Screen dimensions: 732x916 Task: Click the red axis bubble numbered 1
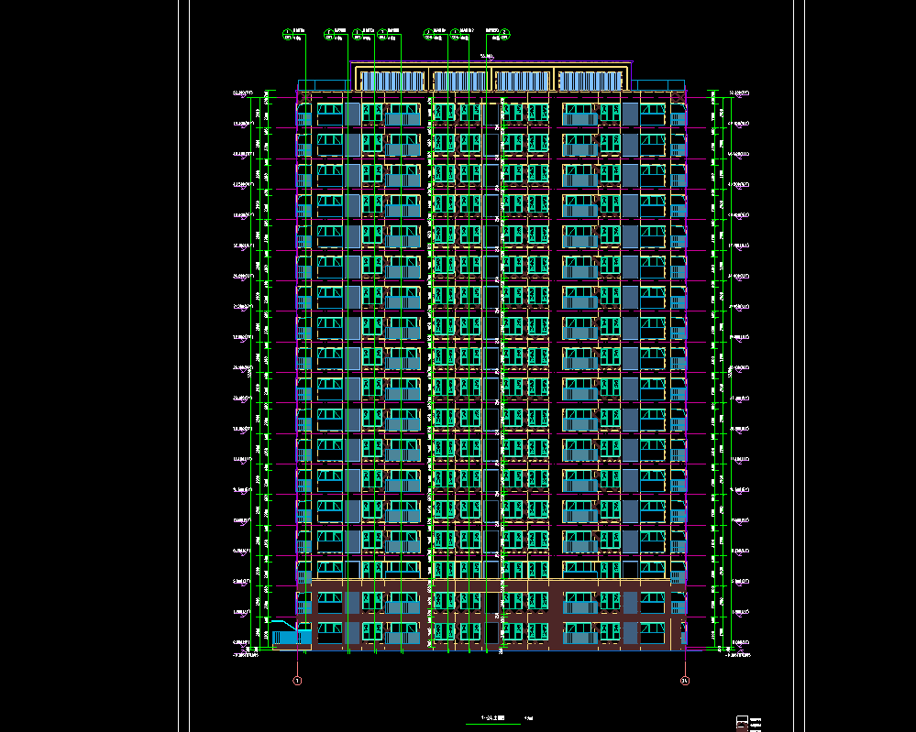pyautogui.click(x=296, y=681)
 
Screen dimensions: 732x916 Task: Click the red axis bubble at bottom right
pyautogui.click(x=684, y=681)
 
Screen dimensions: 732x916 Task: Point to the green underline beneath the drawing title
pyautogui.click(x=493, y=724)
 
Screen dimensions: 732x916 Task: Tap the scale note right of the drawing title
pyautogui.click(x=528, y=717)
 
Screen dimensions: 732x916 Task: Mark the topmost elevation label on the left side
pyautogui.click(x=244, y=93)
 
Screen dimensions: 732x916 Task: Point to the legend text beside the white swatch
pyautogui.click(x=757, y=719)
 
